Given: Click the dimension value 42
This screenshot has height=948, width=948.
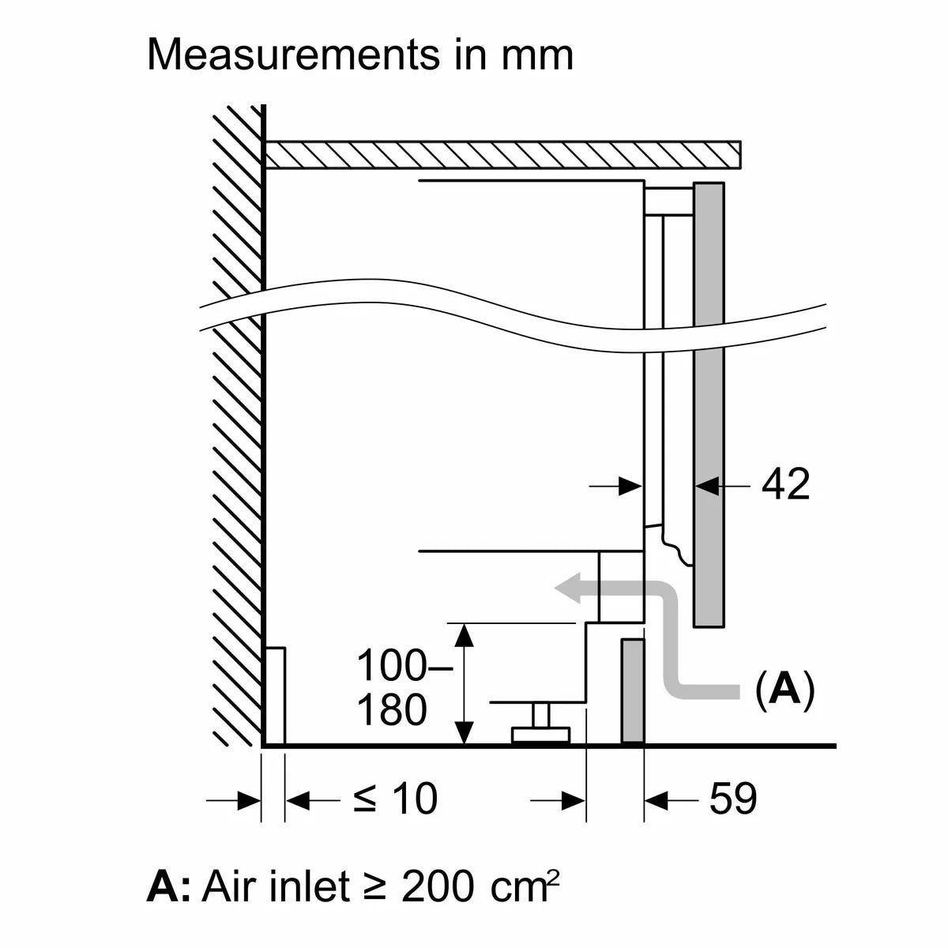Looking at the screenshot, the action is pos(785,484).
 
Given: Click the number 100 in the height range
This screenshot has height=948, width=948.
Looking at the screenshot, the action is pos(391,666).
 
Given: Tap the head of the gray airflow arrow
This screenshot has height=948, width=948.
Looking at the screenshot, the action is pos(567,589).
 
